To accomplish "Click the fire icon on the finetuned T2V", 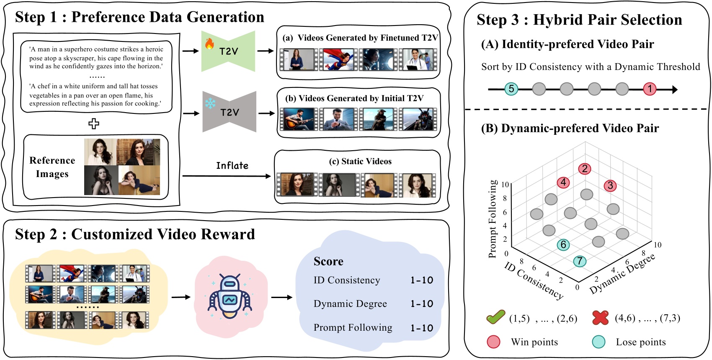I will (209, 43).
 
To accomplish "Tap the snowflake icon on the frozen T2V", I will (210, 103).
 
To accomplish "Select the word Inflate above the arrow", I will (232, 166).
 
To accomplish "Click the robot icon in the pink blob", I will (230, 297).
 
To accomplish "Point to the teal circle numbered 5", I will (511, 89).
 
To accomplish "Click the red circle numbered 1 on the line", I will (650, 89).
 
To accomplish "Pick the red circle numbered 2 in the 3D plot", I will (585, 169).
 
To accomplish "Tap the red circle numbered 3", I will (610, 185).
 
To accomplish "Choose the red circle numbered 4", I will (563, 183).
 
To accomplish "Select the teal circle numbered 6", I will (563, 245).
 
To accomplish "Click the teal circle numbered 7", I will (580, 261).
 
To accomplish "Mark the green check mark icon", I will (495, 317).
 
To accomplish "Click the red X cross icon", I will (600, 318).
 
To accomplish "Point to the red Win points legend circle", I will (494, 342).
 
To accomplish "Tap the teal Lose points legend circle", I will (598, 342).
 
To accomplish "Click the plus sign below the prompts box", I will (94, 123).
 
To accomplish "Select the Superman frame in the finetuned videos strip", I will (338, 59).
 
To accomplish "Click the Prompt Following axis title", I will (493, 219).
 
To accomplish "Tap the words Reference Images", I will (52, 167).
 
